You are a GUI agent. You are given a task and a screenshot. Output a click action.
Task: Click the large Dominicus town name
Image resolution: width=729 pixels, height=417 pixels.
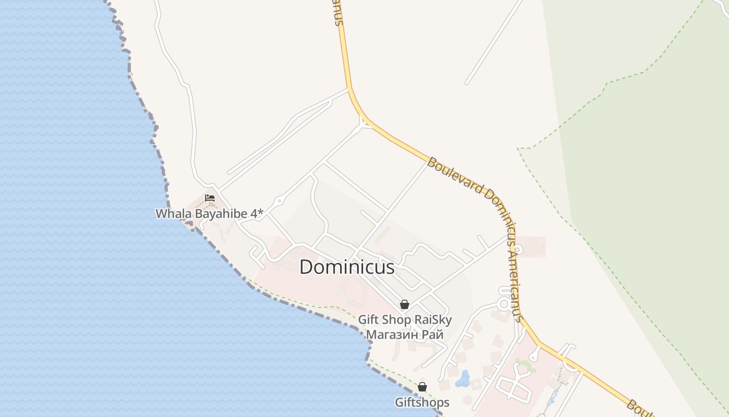pos(347,267)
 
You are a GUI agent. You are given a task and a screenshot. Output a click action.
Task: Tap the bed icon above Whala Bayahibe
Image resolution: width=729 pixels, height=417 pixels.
pos(210,198)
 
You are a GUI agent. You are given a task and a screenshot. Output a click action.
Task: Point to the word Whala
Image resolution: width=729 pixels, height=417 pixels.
pos(173,213)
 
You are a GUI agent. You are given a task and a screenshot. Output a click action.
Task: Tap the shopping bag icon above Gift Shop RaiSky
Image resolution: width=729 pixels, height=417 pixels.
pos(404,304)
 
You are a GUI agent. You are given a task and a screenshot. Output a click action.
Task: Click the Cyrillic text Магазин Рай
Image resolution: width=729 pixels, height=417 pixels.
pos(405,334)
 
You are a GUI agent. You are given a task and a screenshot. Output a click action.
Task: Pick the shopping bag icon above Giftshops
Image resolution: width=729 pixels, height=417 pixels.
pos(422,387)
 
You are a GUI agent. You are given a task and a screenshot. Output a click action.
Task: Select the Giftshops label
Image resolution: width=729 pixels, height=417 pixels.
pos(422,402)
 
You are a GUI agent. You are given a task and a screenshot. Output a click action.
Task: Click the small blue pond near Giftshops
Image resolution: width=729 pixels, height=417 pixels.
pos(462,379)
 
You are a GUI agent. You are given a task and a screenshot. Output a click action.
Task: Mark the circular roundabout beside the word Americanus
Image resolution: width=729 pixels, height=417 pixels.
pos(504,303)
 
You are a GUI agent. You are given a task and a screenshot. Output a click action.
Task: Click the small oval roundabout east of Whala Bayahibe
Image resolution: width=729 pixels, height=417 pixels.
pos(279,200)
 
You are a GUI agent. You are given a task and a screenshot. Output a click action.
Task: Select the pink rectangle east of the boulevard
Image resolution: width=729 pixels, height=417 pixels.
pos(531,247)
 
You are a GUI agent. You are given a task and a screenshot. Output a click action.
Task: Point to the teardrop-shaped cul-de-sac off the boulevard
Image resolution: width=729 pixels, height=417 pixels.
pos(534,356)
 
